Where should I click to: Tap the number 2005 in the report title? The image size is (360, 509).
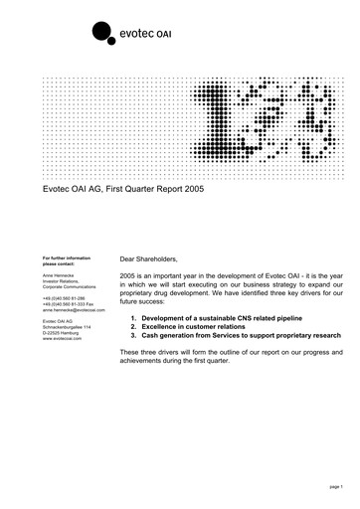(x=189, y=187)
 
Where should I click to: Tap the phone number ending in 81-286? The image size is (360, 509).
(x=63, y=297)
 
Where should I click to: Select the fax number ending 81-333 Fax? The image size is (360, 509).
(x=67, y=303)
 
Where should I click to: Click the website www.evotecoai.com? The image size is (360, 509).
(x=62, y=338)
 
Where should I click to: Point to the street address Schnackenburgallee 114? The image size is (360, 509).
(x=68, y=326)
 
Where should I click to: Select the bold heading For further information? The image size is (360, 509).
(x=69, y=257)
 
